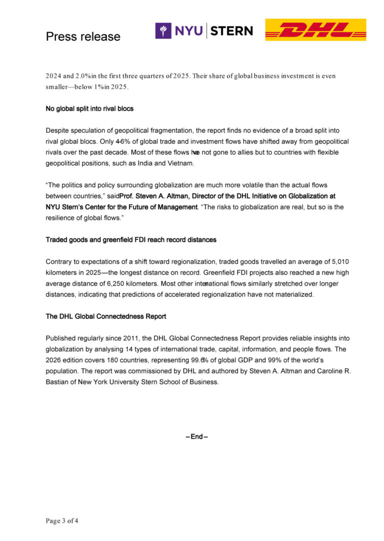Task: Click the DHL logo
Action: click(x=315, y=30)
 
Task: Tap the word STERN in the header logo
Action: click(x=231, y=30)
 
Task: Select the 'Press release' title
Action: click(x=83, y=36)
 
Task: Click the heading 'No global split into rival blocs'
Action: click(x=89, y=108)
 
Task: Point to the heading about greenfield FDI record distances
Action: click(x=131, y=240)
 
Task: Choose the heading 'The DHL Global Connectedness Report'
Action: click(x=106, y=316)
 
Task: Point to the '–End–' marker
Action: click(x=196, y=437)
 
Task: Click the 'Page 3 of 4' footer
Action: click(x=62, y=521)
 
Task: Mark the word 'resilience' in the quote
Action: click(x=62, y=218)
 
